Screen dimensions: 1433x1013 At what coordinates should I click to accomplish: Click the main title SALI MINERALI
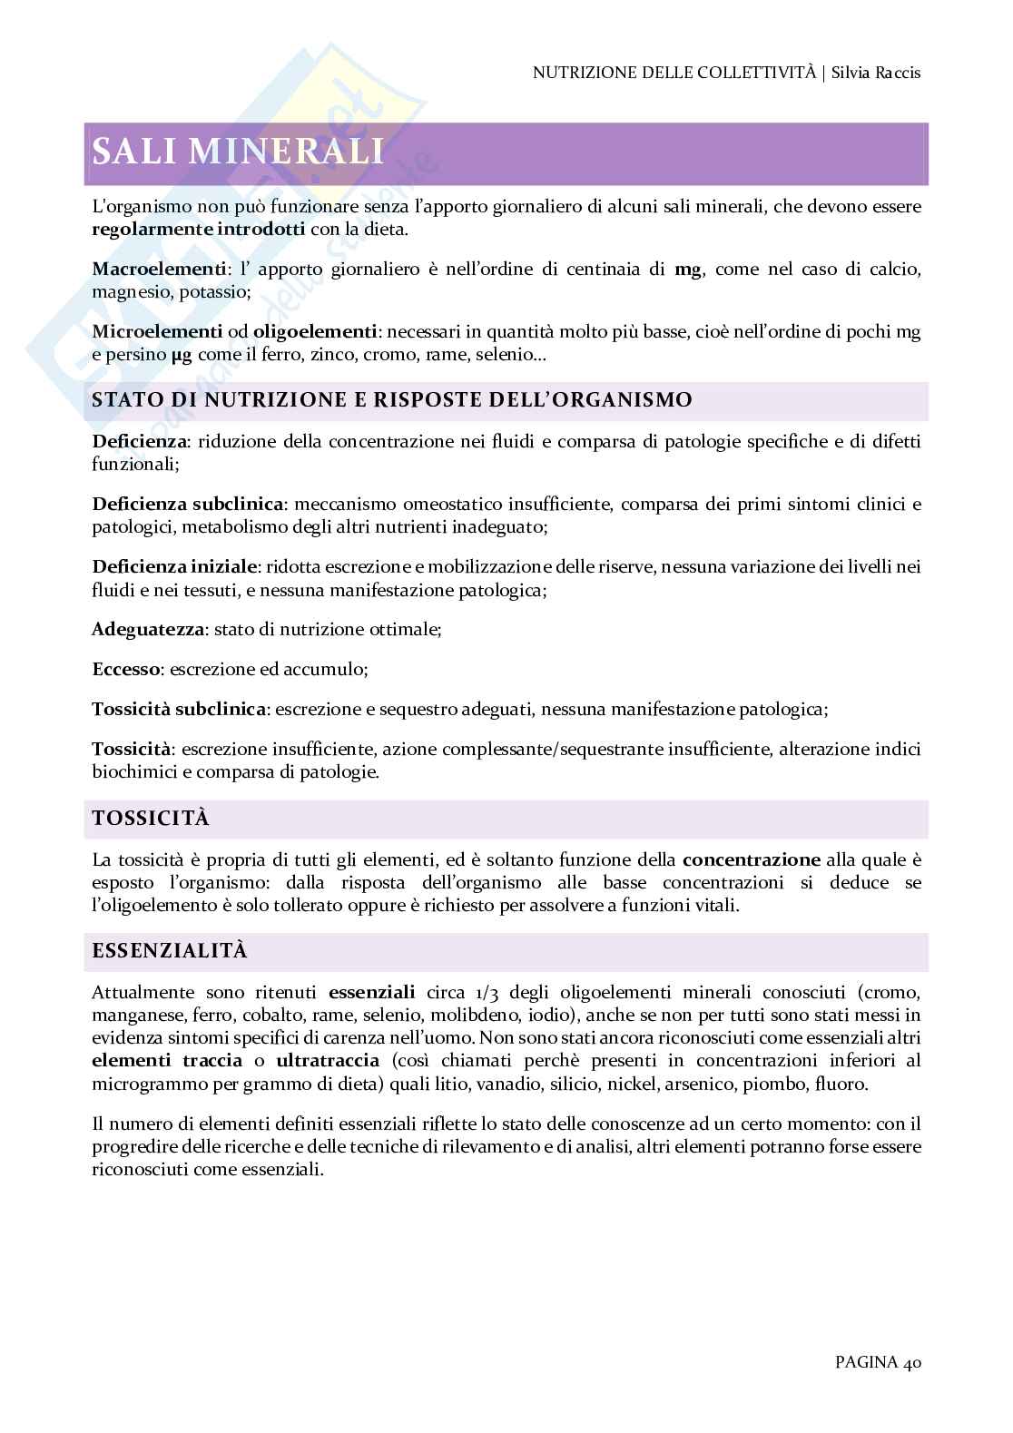(x=238, y=151)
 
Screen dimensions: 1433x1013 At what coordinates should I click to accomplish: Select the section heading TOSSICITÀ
(x=151, y=819)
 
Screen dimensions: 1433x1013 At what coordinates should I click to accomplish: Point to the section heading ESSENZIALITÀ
(x=170, y=951)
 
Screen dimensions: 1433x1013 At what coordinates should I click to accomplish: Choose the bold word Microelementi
(x=157, y=332)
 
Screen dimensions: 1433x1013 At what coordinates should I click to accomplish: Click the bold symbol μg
(x=182, y=356)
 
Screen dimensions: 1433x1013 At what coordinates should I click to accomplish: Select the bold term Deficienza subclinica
(x=189, y=504)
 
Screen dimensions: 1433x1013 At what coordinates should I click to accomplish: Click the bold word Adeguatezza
(x=150, y=629)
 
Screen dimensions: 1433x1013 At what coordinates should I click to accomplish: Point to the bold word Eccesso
(x=126, y=670)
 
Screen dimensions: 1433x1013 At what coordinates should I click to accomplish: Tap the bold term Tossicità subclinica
(x=180, y=709)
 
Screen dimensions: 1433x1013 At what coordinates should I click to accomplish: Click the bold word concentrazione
(x=751, y=859)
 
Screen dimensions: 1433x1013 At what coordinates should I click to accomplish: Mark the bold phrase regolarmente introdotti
(x=199, y=230)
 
